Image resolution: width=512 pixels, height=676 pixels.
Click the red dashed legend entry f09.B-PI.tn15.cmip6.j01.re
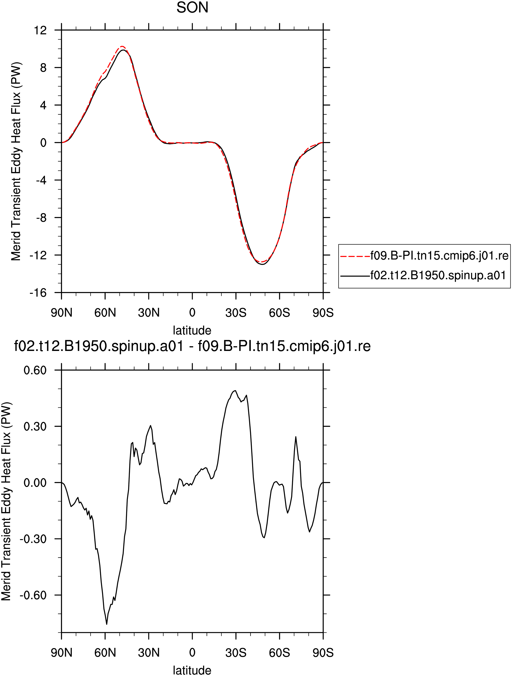click(x=424, y=256)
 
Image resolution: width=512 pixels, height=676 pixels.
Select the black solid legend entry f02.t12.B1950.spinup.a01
click(x=423, y=275)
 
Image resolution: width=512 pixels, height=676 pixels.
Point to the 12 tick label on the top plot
click(x=41, y=30)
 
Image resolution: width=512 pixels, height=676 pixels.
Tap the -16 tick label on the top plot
click(x=38, y=293)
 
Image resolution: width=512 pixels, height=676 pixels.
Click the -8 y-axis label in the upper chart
click(x=41, y=218)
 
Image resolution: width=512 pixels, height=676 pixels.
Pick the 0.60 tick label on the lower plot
click(x=35, y=370)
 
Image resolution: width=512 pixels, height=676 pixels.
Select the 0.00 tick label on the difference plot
click(x=35, y=483)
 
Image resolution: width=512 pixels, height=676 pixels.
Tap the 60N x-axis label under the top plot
click(x=105, y=313)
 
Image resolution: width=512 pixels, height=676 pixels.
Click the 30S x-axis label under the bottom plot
click(x=236, y=653)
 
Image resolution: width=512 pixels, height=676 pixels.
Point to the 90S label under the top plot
click(x=323, y=313)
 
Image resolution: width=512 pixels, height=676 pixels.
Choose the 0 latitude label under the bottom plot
click(x=192, y=653)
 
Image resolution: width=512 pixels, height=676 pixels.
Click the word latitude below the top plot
click(x=192, y=330)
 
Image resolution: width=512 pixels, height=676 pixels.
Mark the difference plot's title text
click(x=192, y=346)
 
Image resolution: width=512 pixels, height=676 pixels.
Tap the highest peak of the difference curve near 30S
click(x=235, y=391)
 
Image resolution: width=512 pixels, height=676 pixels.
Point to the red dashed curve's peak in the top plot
click(x=121, y=46)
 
